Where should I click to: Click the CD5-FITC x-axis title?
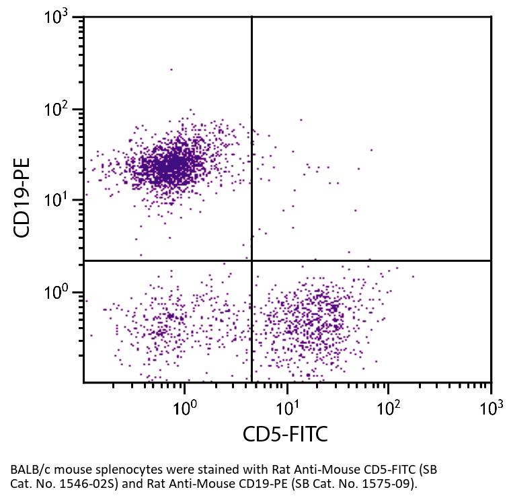click(x=285, y=434)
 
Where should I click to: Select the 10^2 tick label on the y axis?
click(x=61, y=109)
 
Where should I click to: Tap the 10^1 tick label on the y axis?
click(x=61, y=201)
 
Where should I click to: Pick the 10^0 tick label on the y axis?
click(x=61, y=293)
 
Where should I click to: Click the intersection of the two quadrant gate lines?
click(x=251, y=260)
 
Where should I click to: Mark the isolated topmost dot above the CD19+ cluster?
click(x=171, y=69)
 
